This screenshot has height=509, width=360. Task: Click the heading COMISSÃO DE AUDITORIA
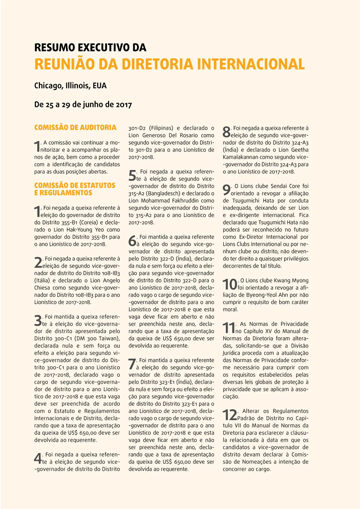coord(75,128)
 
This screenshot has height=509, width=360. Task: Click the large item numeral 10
coord(230,285)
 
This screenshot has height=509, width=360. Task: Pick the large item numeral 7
coord(132,364)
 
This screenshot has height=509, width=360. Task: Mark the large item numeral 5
coord(132,176)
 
